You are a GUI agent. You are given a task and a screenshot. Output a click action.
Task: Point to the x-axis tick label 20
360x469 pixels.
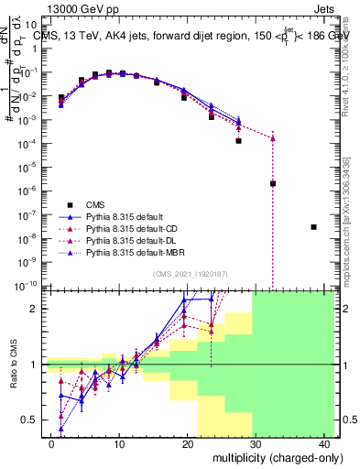pyautogui.click(x=187, y=442)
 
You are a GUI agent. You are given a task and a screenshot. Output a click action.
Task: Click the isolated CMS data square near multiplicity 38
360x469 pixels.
pyautogui.click(x=313, y=227)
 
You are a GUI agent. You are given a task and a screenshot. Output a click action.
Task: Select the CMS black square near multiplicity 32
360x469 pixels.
pyautogui.click(x=273, y=183)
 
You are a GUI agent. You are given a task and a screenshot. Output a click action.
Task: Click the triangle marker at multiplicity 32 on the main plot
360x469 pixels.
pyautogui.click(x=273, y=138)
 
